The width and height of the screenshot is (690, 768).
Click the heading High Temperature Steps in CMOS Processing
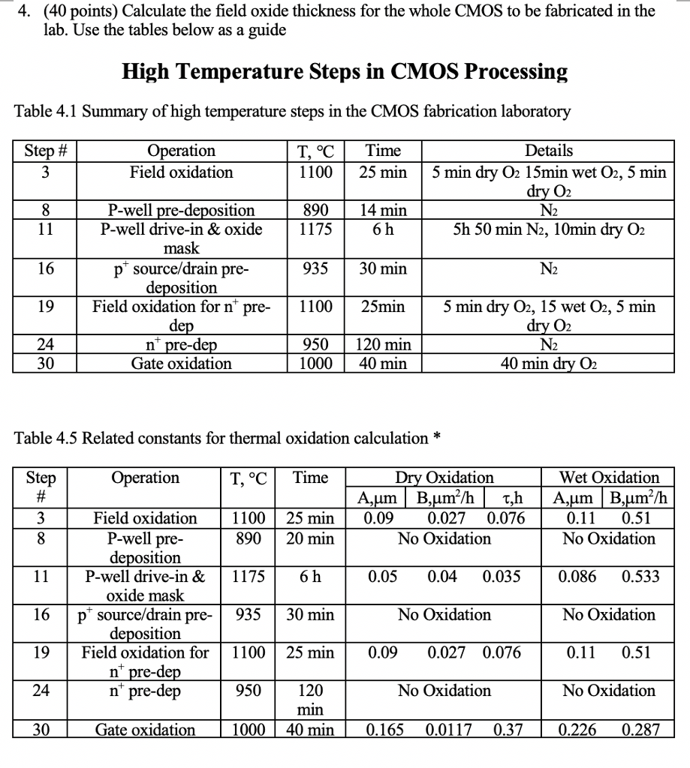click(345, 72)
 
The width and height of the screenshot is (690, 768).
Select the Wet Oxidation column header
click(609, 478)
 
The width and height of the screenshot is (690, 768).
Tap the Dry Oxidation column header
click(444, 478)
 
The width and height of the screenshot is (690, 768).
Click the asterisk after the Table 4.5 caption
click(437, 436)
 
